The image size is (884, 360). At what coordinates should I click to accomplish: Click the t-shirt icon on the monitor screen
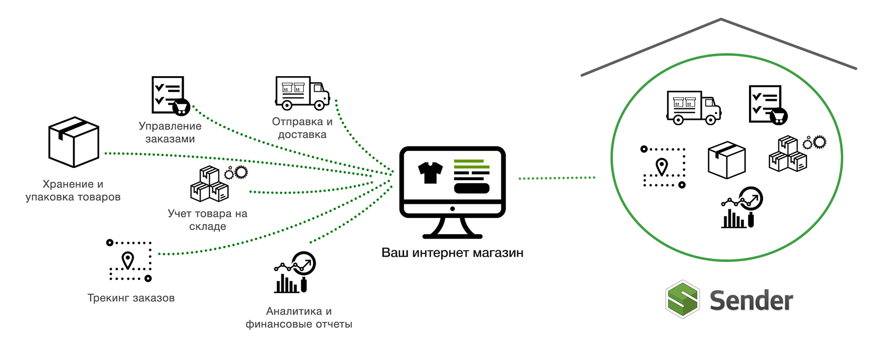pos(430,172)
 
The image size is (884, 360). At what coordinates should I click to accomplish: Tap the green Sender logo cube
pos(683,299)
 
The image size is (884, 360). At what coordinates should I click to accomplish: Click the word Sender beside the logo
pos(751,300)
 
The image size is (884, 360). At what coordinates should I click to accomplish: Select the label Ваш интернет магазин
pos(452,253)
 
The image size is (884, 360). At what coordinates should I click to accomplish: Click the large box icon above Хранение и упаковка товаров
pos(74,142)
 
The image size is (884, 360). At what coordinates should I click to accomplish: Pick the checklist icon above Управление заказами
pos(170,96)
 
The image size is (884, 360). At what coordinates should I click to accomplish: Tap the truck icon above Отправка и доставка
pos(302,93)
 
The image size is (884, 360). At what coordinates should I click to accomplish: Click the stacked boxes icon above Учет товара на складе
pos(219,184)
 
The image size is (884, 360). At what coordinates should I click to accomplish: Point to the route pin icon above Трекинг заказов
pos(129,261)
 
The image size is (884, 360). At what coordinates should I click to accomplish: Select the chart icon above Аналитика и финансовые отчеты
pos(295,273)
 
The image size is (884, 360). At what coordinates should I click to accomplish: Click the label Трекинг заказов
pos(131,298)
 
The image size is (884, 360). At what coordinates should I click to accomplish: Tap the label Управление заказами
pos(170,133)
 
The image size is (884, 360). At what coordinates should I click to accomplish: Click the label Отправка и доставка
pos(303,128)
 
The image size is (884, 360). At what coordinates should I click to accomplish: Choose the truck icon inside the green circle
pos(693,108)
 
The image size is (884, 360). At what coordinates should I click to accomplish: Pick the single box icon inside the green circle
pos(727,160)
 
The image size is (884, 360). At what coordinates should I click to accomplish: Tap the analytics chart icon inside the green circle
pos(742,207)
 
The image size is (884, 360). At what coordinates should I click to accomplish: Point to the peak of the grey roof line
pos(721,19)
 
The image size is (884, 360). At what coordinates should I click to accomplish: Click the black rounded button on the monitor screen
pos(471,188)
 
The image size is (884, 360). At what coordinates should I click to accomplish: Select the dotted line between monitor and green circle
pos(557,178)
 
